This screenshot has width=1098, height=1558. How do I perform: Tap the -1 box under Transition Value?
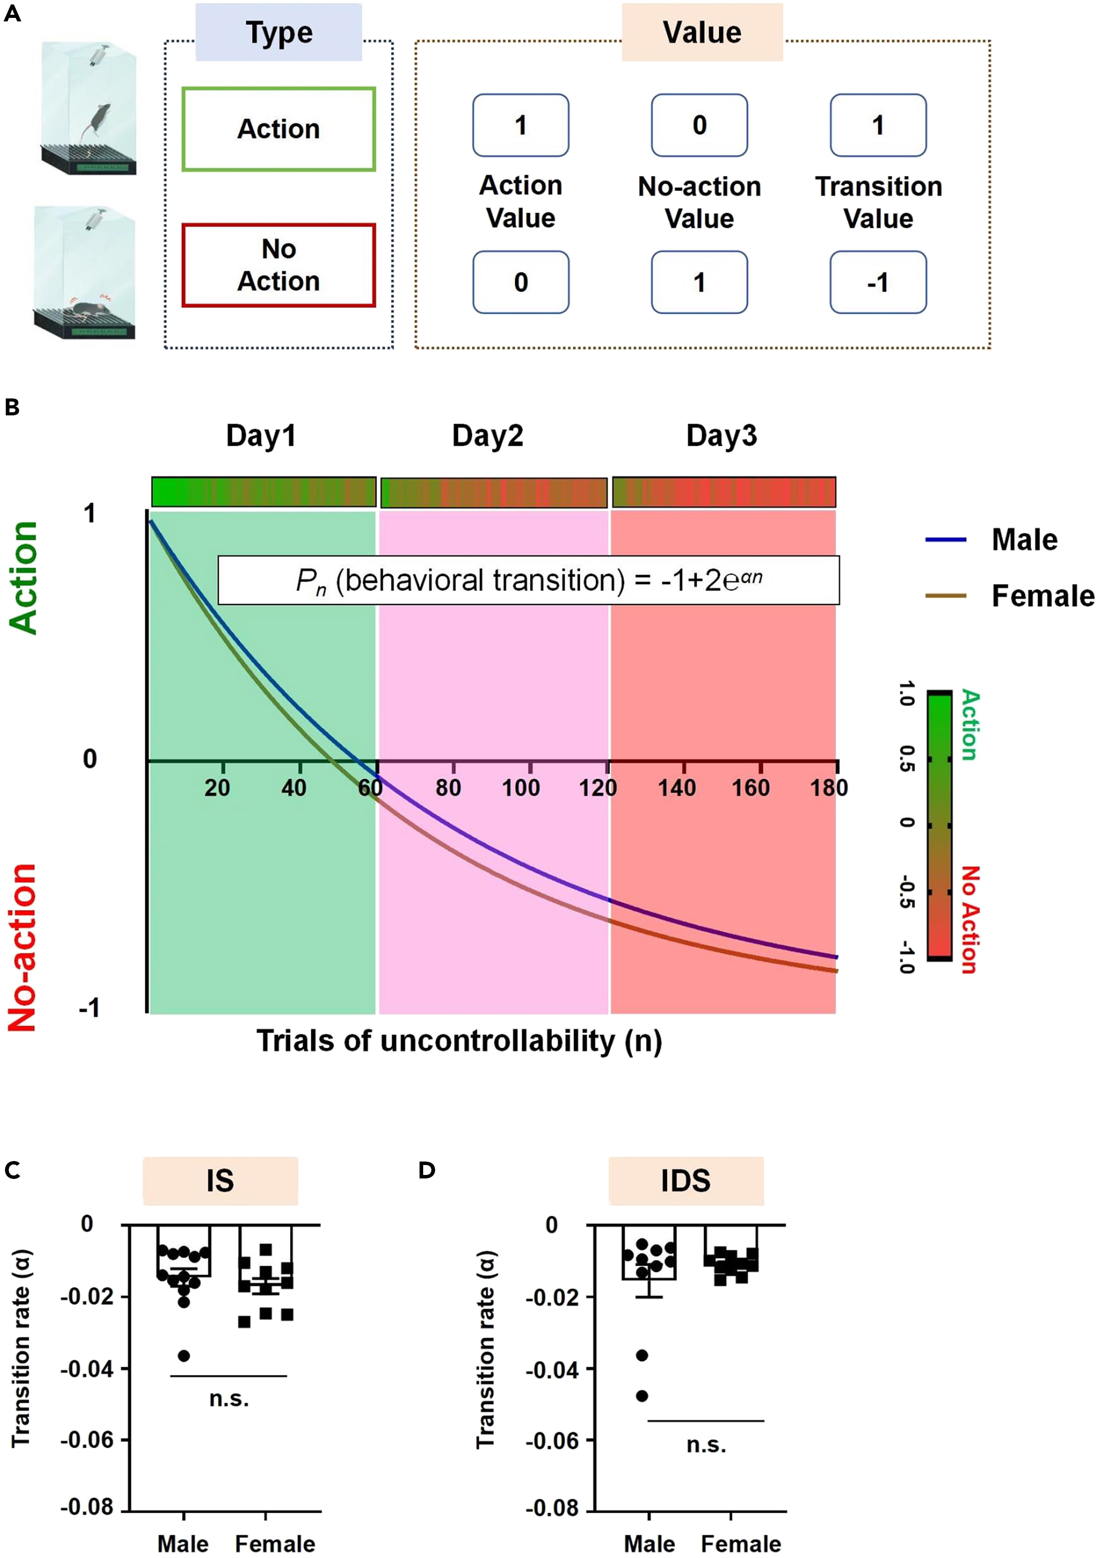(x=878, y=282)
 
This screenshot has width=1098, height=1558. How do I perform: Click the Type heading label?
(x=279, y=32)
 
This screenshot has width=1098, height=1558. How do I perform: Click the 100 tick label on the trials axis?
(x=521, y=788)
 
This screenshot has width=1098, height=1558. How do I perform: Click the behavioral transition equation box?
(x=528, y=580)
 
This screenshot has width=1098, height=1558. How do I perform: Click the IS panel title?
(x=220, y=1181)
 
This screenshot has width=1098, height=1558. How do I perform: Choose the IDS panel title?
(x=686, y=1181)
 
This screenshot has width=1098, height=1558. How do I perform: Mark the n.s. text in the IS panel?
(x=229, y=1398)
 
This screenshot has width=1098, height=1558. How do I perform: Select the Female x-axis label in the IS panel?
(x=274, y=1544)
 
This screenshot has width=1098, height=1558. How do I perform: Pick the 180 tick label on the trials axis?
(x=829, y=788)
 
